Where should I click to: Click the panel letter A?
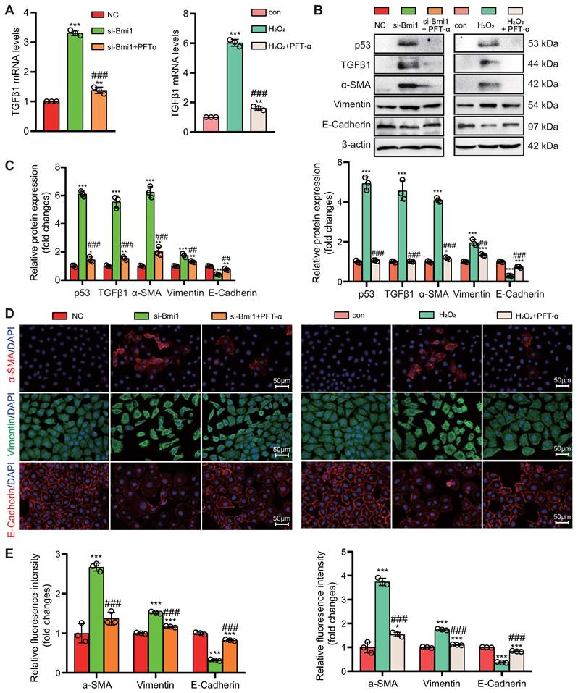point(9,13)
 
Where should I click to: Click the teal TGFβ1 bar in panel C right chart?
point(401,233)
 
